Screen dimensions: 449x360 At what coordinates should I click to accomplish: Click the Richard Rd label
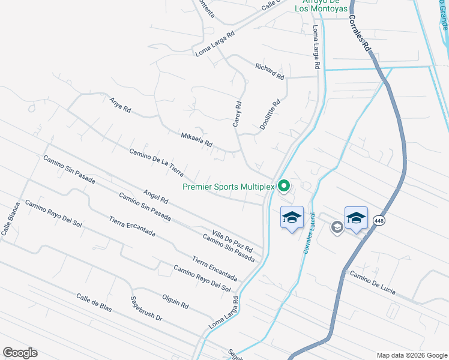click(269, 71)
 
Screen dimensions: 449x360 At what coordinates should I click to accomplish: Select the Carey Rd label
click(238, 114)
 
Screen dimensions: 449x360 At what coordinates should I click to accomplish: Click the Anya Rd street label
click(120, 105)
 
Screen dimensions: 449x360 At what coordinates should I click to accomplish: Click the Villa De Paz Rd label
click(232, 239)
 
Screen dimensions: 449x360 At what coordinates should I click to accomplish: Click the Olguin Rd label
click(175, 301)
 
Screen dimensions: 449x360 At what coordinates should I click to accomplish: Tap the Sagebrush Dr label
click(147, 309)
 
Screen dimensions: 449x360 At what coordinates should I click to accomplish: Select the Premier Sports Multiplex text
click(228, 187)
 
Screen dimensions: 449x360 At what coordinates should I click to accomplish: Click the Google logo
click(20, 353)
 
